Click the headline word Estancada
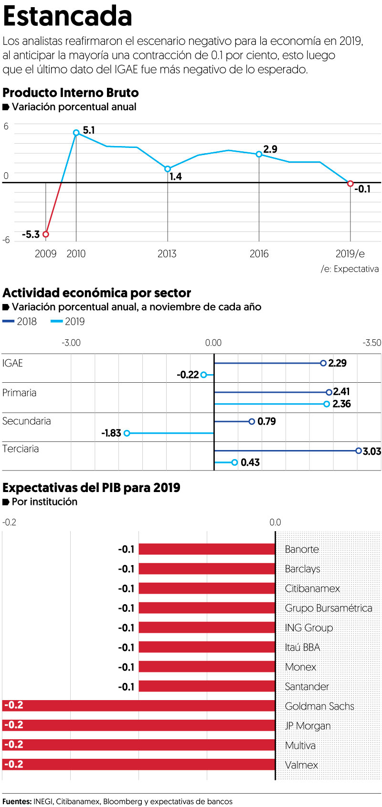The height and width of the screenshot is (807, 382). pos(67,17)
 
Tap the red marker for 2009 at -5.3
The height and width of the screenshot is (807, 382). pos(46,234)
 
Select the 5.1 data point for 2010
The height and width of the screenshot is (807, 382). pos(76,133)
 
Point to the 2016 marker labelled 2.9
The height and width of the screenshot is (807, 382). pos(259,154)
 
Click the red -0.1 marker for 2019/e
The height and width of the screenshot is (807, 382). pos(350,184)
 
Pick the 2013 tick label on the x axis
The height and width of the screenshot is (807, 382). pos(167,254)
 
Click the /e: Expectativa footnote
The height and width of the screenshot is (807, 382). pos(350,269)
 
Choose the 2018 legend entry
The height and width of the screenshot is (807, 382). pos(20,322)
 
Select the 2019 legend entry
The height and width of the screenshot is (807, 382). pos(68,322)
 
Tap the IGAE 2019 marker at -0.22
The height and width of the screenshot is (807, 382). pos(204,375)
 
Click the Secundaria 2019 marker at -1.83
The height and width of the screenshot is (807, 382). pos(127,433)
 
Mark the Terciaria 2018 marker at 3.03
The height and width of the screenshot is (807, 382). pos(358,451)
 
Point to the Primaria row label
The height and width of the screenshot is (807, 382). pos(20,393)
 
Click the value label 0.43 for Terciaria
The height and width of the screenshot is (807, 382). pos(250,462)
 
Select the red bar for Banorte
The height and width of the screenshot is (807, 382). pos(207,549)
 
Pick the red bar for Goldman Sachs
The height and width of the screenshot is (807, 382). pos(138,706)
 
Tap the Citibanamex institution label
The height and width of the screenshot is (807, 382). pos(312,588)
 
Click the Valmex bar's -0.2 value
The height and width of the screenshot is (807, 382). pos(13,765)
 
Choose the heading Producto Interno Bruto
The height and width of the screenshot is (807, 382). pos(71,93)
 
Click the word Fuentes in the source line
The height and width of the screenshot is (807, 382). pos(17,801)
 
